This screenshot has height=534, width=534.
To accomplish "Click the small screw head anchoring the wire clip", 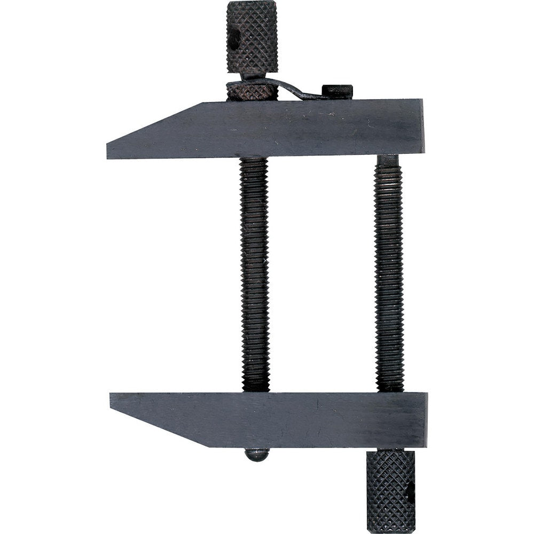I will click(337, 91).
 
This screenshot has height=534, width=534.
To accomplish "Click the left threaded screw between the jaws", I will click(254, 272).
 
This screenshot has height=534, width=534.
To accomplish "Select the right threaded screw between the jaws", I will click(388, 272).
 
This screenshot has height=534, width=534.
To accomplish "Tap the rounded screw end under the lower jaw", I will click(256, 454).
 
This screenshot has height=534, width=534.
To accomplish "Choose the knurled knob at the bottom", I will click(390, 489).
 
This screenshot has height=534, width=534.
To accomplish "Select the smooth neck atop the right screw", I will click(388, 161).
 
